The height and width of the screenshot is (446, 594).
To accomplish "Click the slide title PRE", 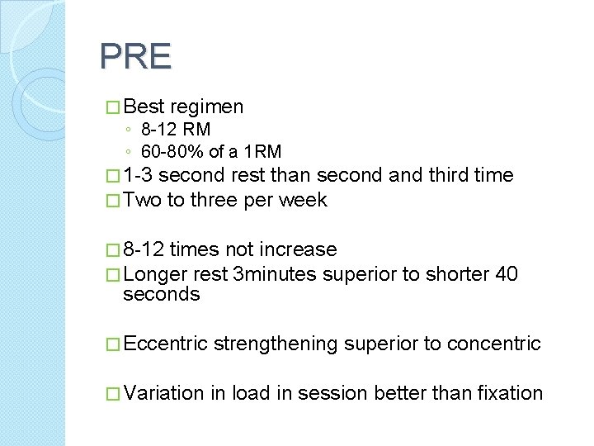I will pos(135,57).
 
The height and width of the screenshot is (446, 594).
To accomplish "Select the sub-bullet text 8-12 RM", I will pos(176,130).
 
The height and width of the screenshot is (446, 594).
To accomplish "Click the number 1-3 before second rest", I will pos(138,175).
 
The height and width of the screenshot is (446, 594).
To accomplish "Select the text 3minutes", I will pos(275,274).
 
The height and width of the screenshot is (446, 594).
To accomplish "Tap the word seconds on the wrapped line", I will pos(162,295).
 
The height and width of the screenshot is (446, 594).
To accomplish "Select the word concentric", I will pos(493,344).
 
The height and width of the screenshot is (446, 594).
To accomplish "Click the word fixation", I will pos(510,393).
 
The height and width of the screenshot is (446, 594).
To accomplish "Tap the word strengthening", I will pos(276,344).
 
